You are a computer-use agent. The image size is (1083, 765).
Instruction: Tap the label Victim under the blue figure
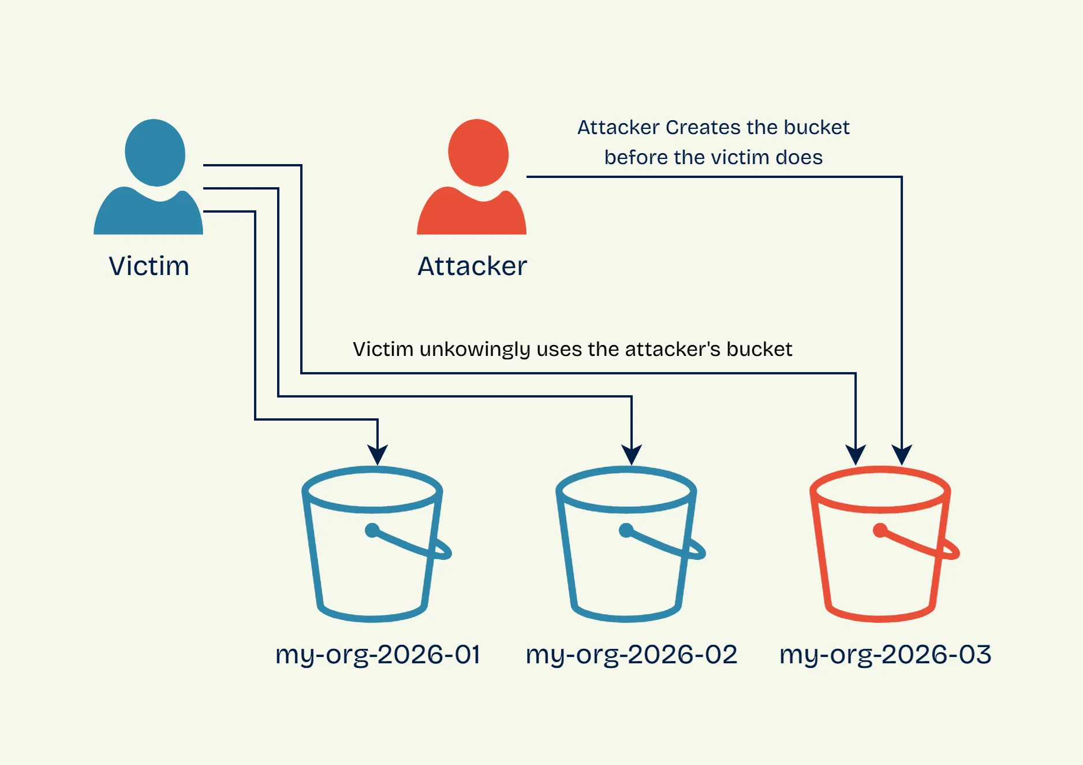(x=149, y=266)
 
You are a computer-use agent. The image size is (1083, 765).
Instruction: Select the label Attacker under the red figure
(x=472, y=266)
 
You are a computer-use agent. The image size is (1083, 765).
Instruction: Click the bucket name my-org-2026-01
(x=378, y=655)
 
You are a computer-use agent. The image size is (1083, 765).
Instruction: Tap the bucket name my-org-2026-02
(x=632, y=655)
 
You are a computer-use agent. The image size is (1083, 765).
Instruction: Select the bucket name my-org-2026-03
(x=886, y=655)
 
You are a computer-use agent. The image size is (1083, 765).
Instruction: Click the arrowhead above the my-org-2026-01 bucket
(x=378, y=455)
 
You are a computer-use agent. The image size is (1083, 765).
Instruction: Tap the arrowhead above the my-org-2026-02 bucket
(x=632, y=455)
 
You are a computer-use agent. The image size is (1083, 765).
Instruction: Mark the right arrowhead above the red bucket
(x=902, y=455)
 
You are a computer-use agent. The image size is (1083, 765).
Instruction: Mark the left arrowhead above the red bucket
(x=856, y=455)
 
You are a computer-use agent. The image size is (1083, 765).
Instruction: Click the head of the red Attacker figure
(x=478, y=153)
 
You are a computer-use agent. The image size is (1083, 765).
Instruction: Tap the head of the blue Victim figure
(x=155, y=153)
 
